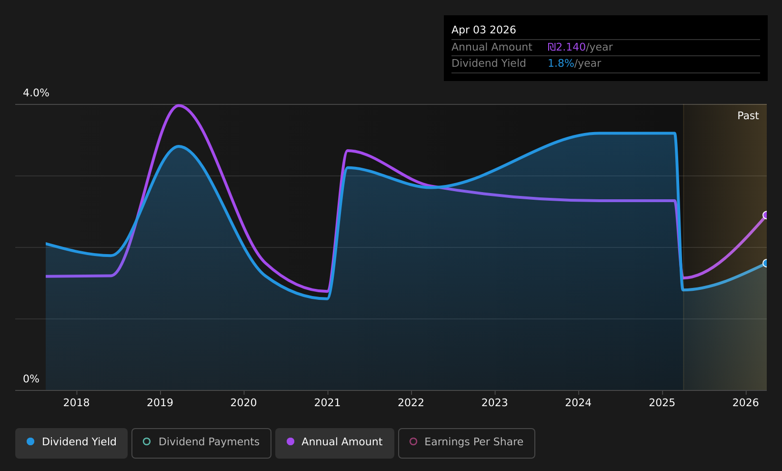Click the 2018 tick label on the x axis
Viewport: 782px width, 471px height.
pos(77,403)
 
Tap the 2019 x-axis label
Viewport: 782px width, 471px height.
pos(160,403)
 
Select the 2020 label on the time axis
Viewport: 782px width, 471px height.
pos(244,403)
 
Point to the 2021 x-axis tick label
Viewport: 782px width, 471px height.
pos(328,403)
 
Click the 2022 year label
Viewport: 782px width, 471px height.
pos(411,403)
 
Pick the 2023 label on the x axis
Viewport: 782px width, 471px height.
pos(495,403)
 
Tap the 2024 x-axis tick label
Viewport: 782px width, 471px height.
pos(579,403)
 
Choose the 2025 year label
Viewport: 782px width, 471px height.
pos(662,403)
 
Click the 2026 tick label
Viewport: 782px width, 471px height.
pos(746,403)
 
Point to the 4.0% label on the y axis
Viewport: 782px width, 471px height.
pos(36,93)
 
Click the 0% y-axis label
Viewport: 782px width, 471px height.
pos(31,379)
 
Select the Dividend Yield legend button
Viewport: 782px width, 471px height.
pos(71,443)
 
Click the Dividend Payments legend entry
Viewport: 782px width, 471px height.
pos(201,443)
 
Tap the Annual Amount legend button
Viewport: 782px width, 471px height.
pos(334,443)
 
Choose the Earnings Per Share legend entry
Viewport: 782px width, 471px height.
pos(466,443)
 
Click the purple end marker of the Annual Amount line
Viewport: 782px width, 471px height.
pos(766,215)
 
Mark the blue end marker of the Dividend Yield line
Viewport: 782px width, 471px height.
pos(766,263)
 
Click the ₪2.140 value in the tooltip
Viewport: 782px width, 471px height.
pos(567,47)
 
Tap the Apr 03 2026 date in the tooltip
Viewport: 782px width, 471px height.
pos(483,30)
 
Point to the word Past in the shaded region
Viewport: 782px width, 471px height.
pos(748,116)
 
